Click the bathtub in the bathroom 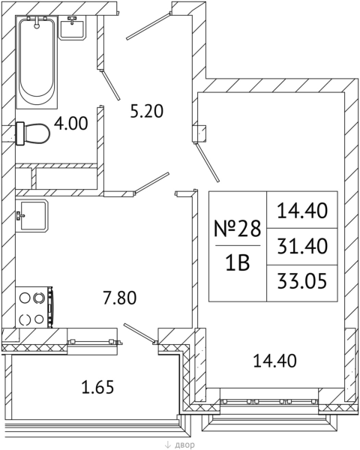(x=37, y=62)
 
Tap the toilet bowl (x=33, y=133)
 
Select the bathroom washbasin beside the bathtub (x=73, y=28)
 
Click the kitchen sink (x=31, y=215)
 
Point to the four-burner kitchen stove (x=34, y=307)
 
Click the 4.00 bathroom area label (x=71, y=124)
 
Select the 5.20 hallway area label (x=147, y=111)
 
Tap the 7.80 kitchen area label (x=120, y=298)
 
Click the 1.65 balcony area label (x=98, y=387)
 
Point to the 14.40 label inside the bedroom (x=274, y=361)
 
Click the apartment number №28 (x=238, y=229)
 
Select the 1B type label (x=238, y=263)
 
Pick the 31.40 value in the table (x=302, y=246)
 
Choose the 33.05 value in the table (x=302, y=280)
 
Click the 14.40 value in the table (x=302, y=210)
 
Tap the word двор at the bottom (x=184, y=445)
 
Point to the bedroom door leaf (x=207, y=162)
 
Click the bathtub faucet (x=37, y=22)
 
